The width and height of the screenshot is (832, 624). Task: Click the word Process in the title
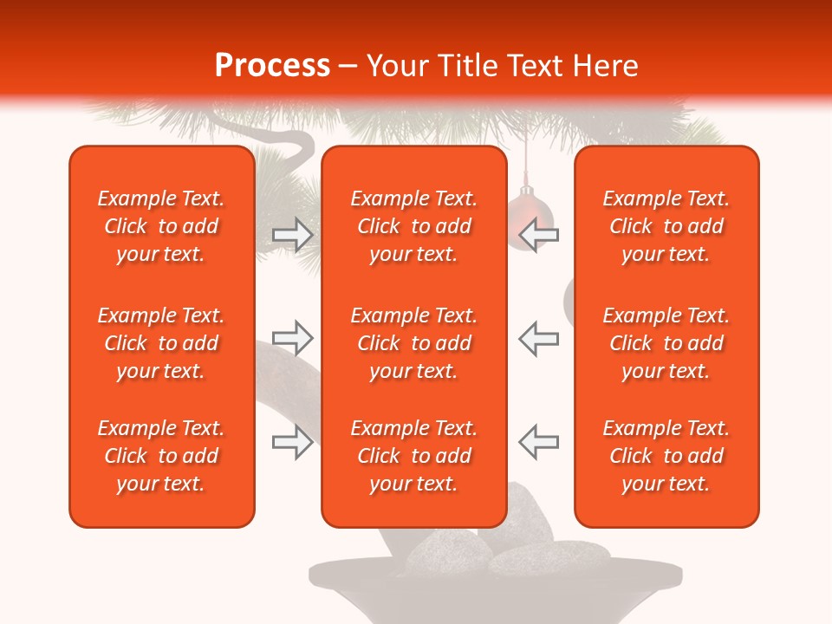tap(272, 66)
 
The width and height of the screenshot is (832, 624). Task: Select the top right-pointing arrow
tap(292, 235)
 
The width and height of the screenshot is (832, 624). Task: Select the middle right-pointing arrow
tap(292, 338)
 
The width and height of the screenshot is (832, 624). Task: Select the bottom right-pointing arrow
tap(292, 443)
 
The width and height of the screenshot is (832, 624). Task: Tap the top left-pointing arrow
tap(539, 235)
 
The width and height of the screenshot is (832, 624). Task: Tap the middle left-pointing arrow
tap(539, 338)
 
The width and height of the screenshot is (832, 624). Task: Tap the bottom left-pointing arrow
tap(539, 443)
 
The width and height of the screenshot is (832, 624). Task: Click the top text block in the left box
tap(161, 226)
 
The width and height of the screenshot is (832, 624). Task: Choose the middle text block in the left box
tap(161, 343)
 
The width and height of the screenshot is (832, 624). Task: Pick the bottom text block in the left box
tap(161, 456)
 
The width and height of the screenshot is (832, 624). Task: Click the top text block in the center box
tap(413, 226)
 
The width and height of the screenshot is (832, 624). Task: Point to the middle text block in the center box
tap(413, 343)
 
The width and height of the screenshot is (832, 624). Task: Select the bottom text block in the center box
tap(413, 456)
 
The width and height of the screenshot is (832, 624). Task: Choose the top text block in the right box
tap(666, 226)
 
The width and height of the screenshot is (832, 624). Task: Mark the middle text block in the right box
tap(666, 343)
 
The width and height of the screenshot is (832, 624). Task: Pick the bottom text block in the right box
tap(666, 456)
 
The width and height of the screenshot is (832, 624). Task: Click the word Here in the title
tap(606, 66)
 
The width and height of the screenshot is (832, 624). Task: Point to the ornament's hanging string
tap(524, 160)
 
